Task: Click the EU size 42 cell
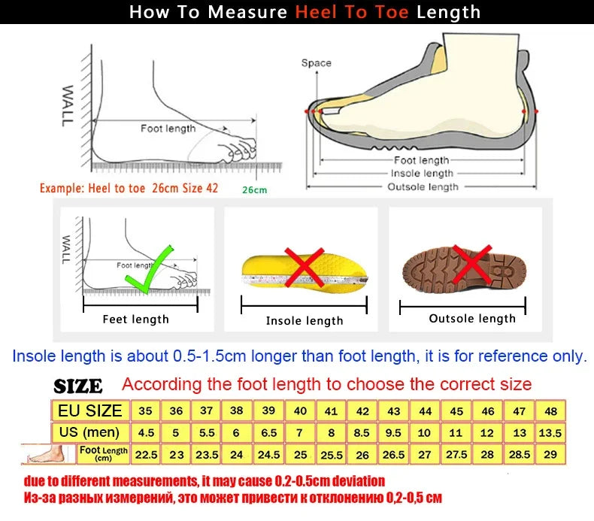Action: point(362,410)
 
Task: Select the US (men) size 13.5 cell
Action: point(550,432)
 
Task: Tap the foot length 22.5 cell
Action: point(145,454)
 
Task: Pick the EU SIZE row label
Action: point(89,410)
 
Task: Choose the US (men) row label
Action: point(89,432)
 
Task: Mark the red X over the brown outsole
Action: point(471,265)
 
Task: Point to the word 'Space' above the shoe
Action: point(316,63)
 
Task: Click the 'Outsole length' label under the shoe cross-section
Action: point(423,186)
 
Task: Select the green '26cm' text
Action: point(254,189)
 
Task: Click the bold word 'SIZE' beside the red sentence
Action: point(78,386)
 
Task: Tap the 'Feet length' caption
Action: point(135,320)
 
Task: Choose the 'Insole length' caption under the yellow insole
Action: point(305,321)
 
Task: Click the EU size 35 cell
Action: point(145,410)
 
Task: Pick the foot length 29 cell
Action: point(550,454)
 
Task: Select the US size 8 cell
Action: point(332,432)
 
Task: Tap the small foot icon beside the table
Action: point(47,453)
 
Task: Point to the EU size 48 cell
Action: point(550,410)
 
